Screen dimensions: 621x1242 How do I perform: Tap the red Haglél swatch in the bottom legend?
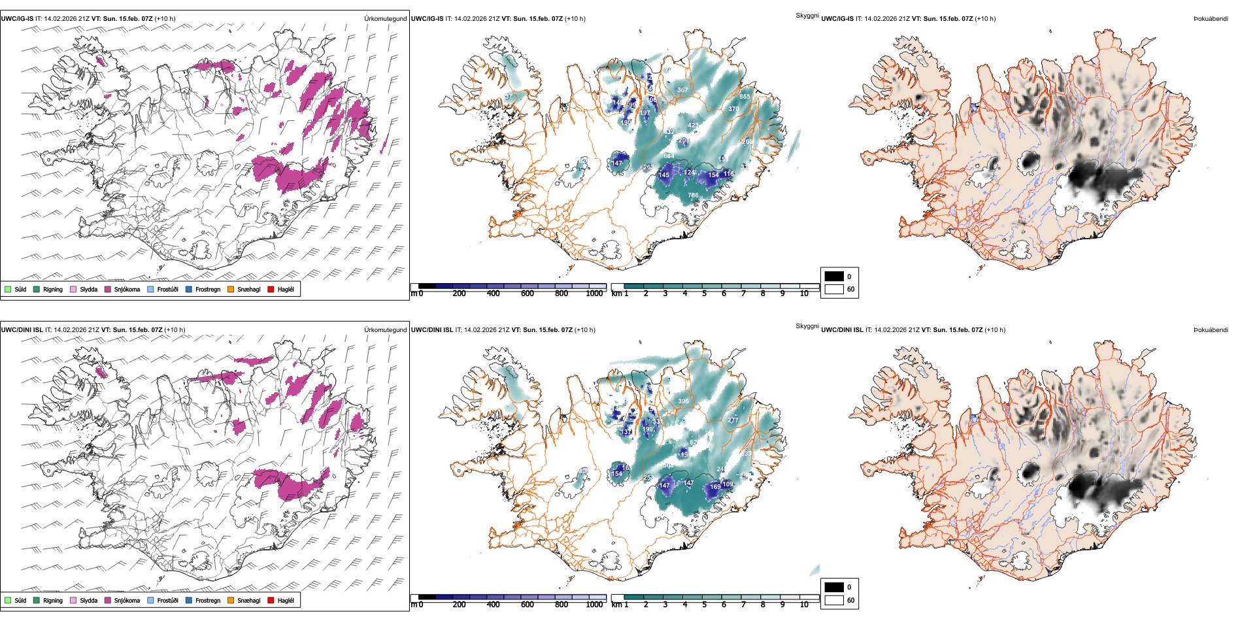[x=271, y=600]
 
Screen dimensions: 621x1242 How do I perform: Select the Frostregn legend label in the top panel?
[x=207, y=289]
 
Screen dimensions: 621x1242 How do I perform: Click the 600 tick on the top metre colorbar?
[x=528, y=294]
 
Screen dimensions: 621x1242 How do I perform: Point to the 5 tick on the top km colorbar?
[x=704, y=294]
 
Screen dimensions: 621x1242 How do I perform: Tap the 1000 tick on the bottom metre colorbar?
[x=594, y=605]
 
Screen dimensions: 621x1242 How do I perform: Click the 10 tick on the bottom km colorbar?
[x=804, y=605]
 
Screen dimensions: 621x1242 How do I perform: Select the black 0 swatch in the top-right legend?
[x=834, y=277]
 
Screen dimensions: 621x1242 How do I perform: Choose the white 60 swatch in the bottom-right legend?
[x=834, y=600]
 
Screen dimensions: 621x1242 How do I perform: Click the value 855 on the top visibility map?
[x=745, y=97]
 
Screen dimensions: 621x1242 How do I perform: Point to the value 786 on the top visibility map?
[x=693, y=195]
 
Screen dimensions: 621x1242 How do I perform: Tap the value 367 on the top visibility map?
[x=682, y=90]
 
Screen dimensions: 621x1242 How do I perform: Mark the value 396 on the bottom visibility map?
[x=683, y=401]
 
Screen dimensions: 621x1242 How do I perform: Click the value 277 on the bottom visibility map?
[x=733, y=420]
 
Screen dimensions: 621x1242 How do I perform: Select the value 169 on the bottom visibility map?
[x=715, y=486]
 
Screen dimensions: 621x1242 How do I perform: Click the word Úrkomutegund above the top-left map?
[x=385, y=19]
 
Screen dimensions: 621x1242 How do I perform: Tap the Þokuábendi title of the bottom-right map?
[x=1211, y=330]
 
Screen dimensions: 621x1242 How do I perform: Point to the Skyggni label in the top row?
[x=807, y=16]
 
